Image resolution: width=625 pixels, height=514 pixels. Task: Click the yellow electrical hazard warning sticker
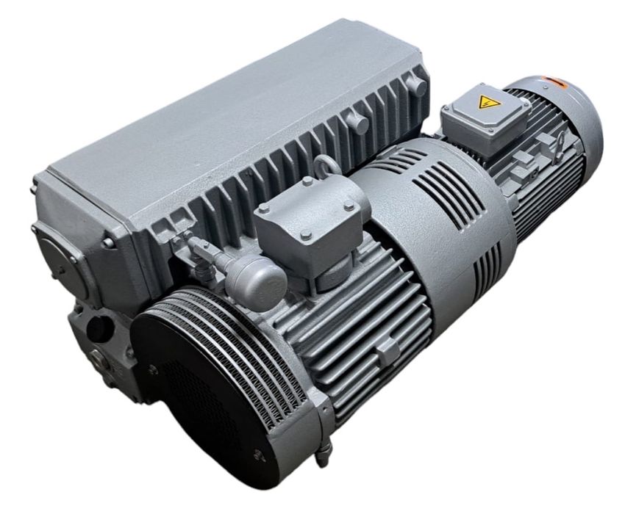pyautogui.click(x=486, y=101)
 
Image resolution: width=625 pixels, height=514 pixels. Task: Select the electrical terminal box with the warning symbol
pyautogui.click(x=484, y=117)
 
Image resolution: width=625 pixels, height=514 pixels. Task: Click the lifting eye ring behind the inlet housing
pyautogui.click(x=328, y=167)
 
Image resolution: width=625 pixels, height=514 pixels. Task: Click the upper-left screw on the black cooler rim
pyautogui.click(x=152, y=371)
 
